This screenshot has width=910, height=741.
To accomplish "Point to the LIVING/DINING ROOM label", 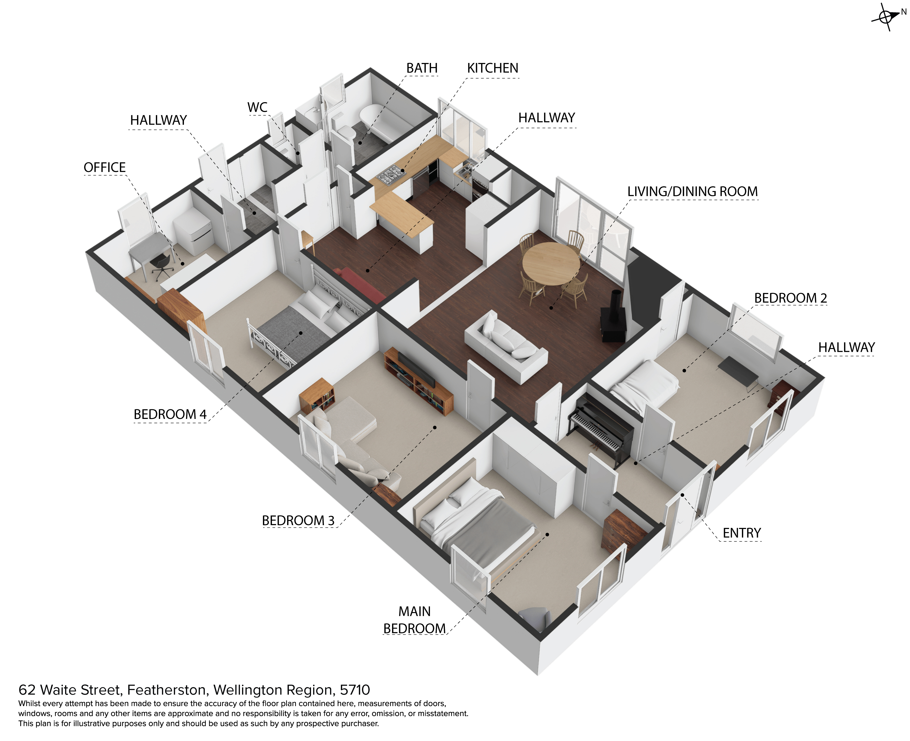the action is (692, 192).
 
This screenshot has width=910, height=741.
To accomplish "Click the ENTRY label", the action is (742, 533).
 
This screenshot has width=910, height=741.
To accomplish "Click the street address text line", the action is (194, 690).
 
